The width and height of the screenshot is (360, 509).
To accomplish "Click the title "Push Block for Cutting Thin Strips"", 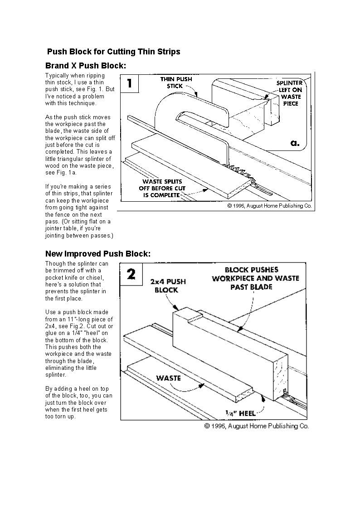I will click(113, 52).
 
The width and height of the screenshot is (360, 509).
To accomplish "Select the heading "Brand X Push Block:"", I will click(86, 66).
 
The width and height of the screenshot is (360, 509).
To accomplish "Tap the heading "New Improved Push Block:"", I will click(97, 253).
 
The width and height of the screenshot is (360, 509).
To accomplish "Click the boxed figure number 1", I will click(130, 83).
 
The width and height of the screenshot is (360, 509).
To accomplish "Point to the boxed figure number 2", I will click(131, 274).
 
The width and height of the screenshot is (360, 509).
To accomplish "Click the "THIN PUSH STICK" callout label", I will click(176, 82).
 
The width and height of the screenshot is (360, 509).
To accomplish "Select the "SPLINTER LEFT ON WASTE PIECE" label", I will click(289, 93).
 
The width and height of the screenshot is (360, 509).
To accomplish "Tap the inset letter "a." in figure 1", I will click(295, 143).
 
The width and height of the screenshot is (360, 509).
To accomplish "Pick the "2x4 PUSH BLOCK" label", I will click(167, 286).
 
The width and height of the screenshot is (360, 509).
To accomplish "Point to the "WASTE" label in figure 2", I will click(169, 378).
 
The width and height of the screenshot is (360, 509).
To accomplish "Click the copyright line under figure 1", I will click(269, 206).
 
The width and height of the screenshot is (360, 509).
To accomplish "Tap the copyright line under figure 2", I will click(257, 426).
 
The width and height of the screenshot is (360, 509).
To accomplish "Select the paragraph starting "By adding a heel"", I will click(79, 402).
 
